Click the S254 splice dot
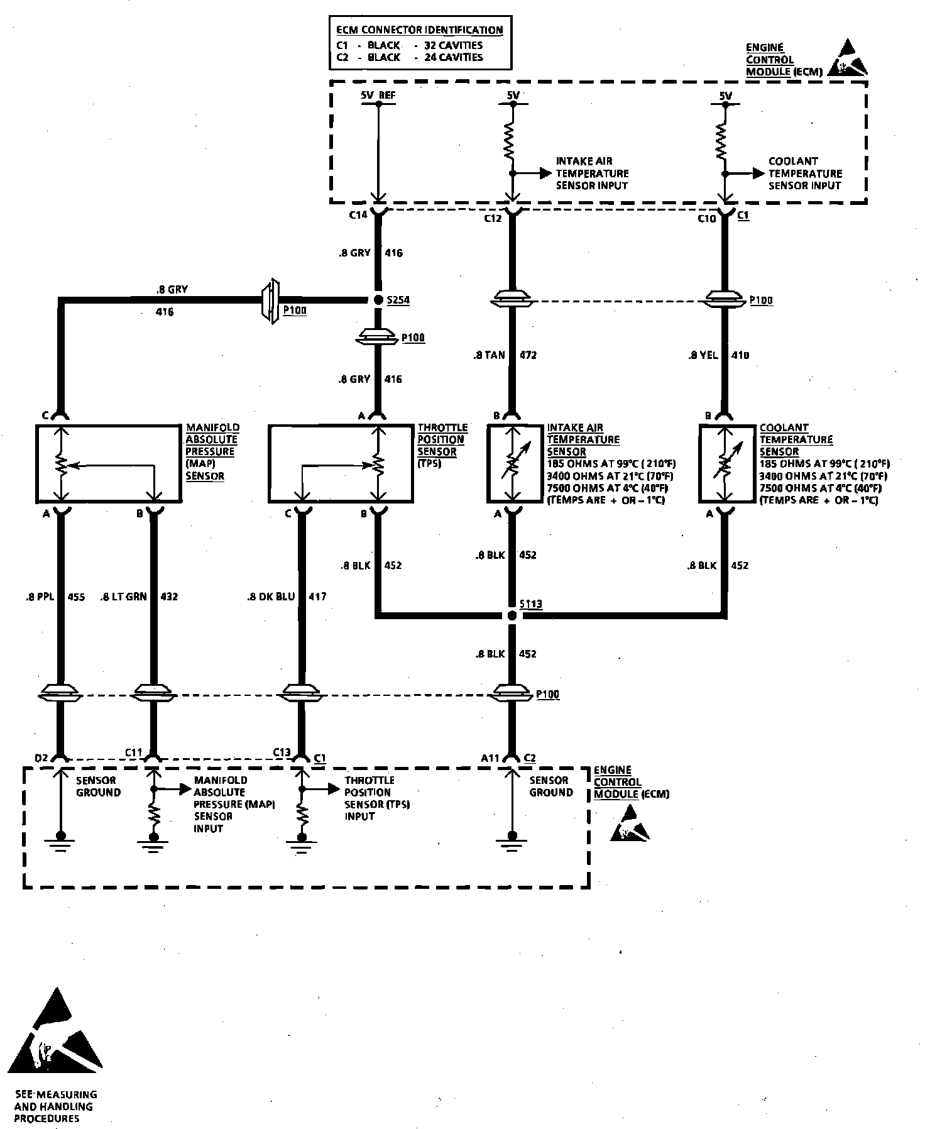pyautogui.click(x=378, y=300)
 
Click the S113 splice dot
pyautogui.click(x=512, y=615)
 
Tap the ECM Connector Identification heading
pyautogui.click(x=419, y=30)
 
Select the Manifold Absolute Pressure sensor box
pyautogui.click(x=109, y=464)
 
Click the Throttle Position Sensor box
pyautogui.click(x=341, y=464)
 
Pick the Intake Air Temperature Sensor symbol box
pyautogui.click(x=515, y=464)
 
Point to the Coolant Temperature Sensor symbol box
pyautogui.click(x=726, y=464)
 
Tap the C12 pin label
pyautogui.click(x=493, y=218)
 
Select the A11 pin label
pyautogui.click(x=491, y=758)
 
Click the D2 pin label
pyautogui.click(x=41, y=758)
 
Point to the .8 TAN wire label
pyautogui.click(x=490, y=355)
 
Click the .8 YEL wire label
pyautogui.click(x=703, y=355)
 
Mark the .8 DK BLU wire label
pyautogui.click(x=271, y=597)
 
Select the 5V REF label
pyautogui.click(x=378, y=96)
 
